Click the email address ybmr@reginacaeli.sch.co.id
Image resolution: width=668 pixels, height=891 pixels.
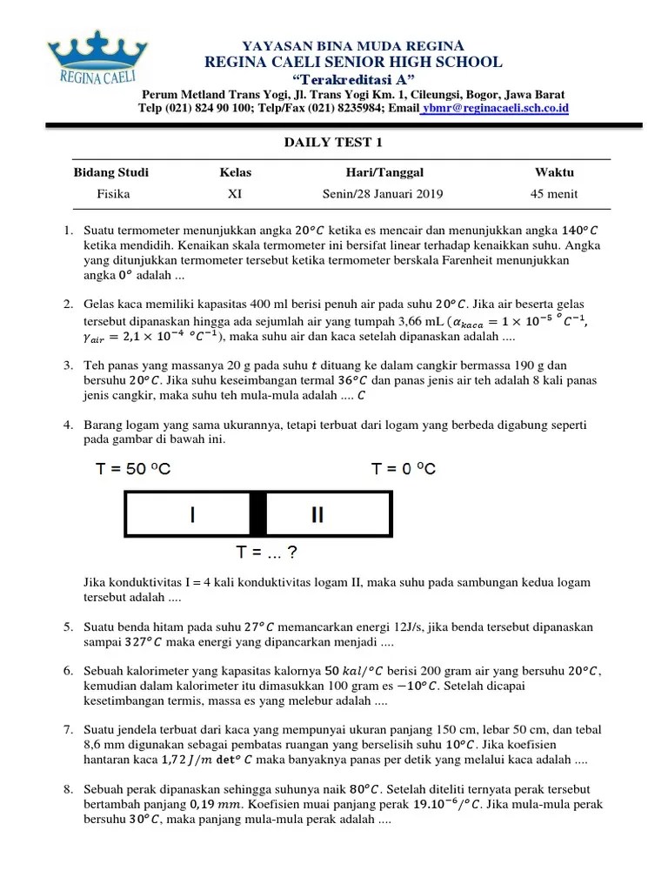click(x=497, y=108)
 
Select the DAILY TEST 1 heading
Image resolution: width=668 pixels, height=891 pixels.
click(x=334, y=143)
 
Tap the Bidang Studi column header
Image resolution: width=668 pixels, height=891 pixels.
click(x=110, y=172)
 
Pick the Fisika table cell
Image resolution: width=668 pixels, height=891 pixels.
click(x=113, y=194)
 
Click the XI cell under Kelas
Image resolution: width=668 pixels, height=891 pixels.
click(x=235, y=194)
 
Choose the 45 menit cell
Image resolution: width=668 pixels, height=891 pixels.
click(x=554, y=194)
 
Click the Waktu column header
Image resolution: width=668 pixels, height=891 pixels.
click(x=554, y=172)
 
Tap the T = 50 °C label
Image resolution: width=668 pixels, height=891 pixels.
click(x=133, y=470)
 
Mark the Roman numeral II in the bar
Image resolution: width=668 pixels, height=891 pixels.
click(x=317, y=515)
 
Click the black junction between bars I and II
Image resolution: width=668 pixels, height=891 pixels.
click(x=257, y=514)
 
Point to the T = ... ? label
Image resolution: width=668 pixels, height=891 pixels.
click(x=268, y=553)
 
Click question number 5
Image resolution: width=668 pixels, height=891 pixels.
click(x=68, y=626)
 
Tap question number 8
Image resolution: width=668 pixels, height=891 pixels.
click(x=68, y=788)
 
